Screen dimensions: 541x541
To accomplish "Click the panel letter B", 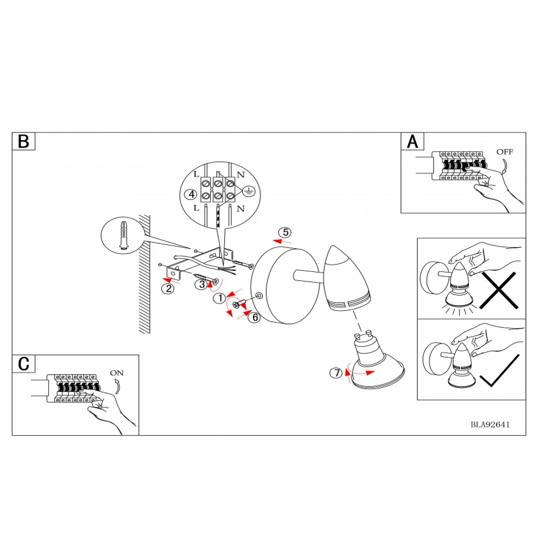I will [23, 141].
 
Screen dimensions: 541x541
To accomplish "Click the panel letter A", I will [412, 141].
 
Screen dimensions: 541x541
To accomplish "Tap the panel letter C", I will [23, 364].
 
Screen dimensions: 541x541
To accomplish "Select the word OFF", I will [505, 152].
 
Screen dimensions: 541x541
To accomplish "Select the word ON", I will [116, 373].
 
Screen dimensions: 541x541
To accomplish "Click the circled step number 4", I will [191, 194].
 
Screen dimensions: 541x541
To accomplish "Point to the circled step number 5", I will [286, 232].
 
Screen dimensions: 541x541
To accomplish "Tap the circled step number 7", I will [336, 373].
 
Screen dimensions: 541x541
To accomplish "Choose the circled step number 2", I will [168, 289].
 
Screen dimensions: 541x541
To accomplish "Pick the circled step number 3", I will [202, 285].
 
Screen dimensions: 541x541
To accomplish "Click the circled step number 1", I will [220, 298].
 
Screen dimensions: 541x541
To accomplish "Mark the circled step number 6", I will [255, 317].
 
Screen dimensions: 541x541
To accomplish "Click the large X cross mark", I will [499, 290].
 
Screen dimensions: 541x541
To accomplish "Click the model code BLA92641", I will [490, 425].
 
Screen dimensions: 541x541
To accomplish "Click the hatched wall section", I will [144, 274].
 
